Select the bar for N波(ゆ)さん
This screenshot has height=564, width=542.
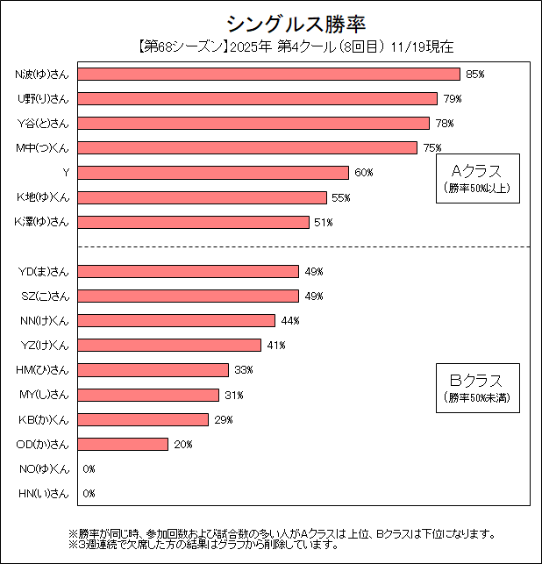tap(269, 74)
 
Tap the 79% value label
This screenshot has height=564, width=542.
tap(452, 98)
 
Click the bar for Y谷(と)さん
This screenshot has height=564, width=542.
tap(253, 123)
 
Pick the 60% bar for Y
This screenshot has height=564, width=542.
tap(214, 172)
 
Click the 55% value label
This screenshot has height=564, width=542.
tap(341, 197)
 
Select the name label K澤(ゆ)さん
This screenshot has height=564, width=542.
tap(42, 222)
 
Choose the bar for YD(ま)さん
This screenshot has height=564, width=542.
tap(189, 271)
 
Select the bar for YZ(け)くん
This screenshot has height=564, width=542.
tap(170, 345)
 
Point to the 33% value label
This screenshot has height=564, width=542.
tap(243, 370)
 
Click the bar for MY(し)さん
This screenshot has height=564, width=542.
tap(149, 395)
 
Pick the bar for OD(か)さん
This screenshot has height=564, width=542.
tap(124, 444)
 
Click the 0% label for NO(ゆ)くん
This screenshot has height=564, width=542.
tap(89, 469)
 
